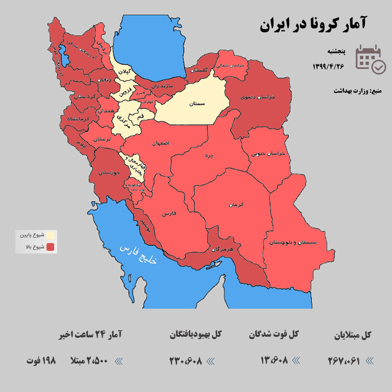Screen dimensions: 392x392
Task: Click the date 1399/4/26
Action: tap(328, 66)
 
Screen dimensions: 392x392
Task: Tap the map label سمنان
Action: tap(197, 104)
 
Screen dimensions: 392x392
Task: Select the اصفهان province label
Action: tap(161, 143)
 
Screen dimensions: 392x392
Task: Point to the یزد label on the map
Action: tap(208, 156)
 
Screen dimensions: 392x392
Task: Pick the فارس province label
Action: tap(169, 214)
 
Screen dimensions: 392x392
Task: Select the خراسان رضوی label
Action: tap(258, 97)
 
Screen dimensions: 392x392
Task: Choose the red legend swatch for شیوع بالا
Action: tap(50, 247)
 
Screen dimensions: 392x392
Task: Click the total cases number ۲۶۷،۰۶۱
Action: tap(344, 361)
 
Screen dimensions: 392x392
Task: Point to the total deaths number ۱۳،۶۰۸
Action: tap(274, 360)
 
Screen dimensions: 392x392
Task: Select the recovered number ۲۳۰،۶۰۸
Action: tap(186, 361)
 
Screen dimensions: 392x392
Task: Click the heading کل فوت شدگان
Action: tap(274, 335)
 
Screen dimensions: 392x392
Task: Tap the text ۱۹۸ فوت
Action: tap(41, 361)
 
